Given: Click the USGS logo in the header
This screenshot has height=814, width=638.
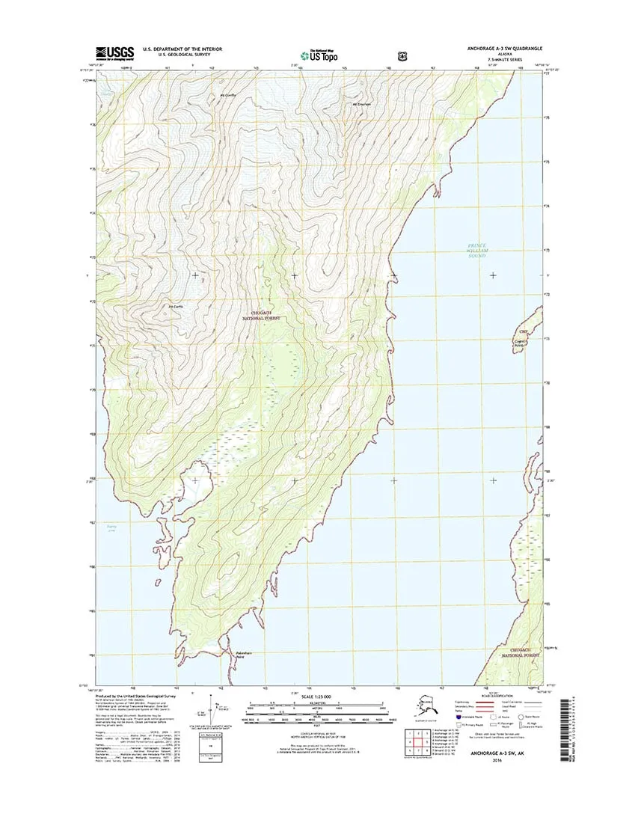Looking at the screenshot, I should coord(114,53).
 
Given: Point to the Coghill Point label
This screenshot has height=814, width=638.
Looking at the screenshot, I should coord(519,343).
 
